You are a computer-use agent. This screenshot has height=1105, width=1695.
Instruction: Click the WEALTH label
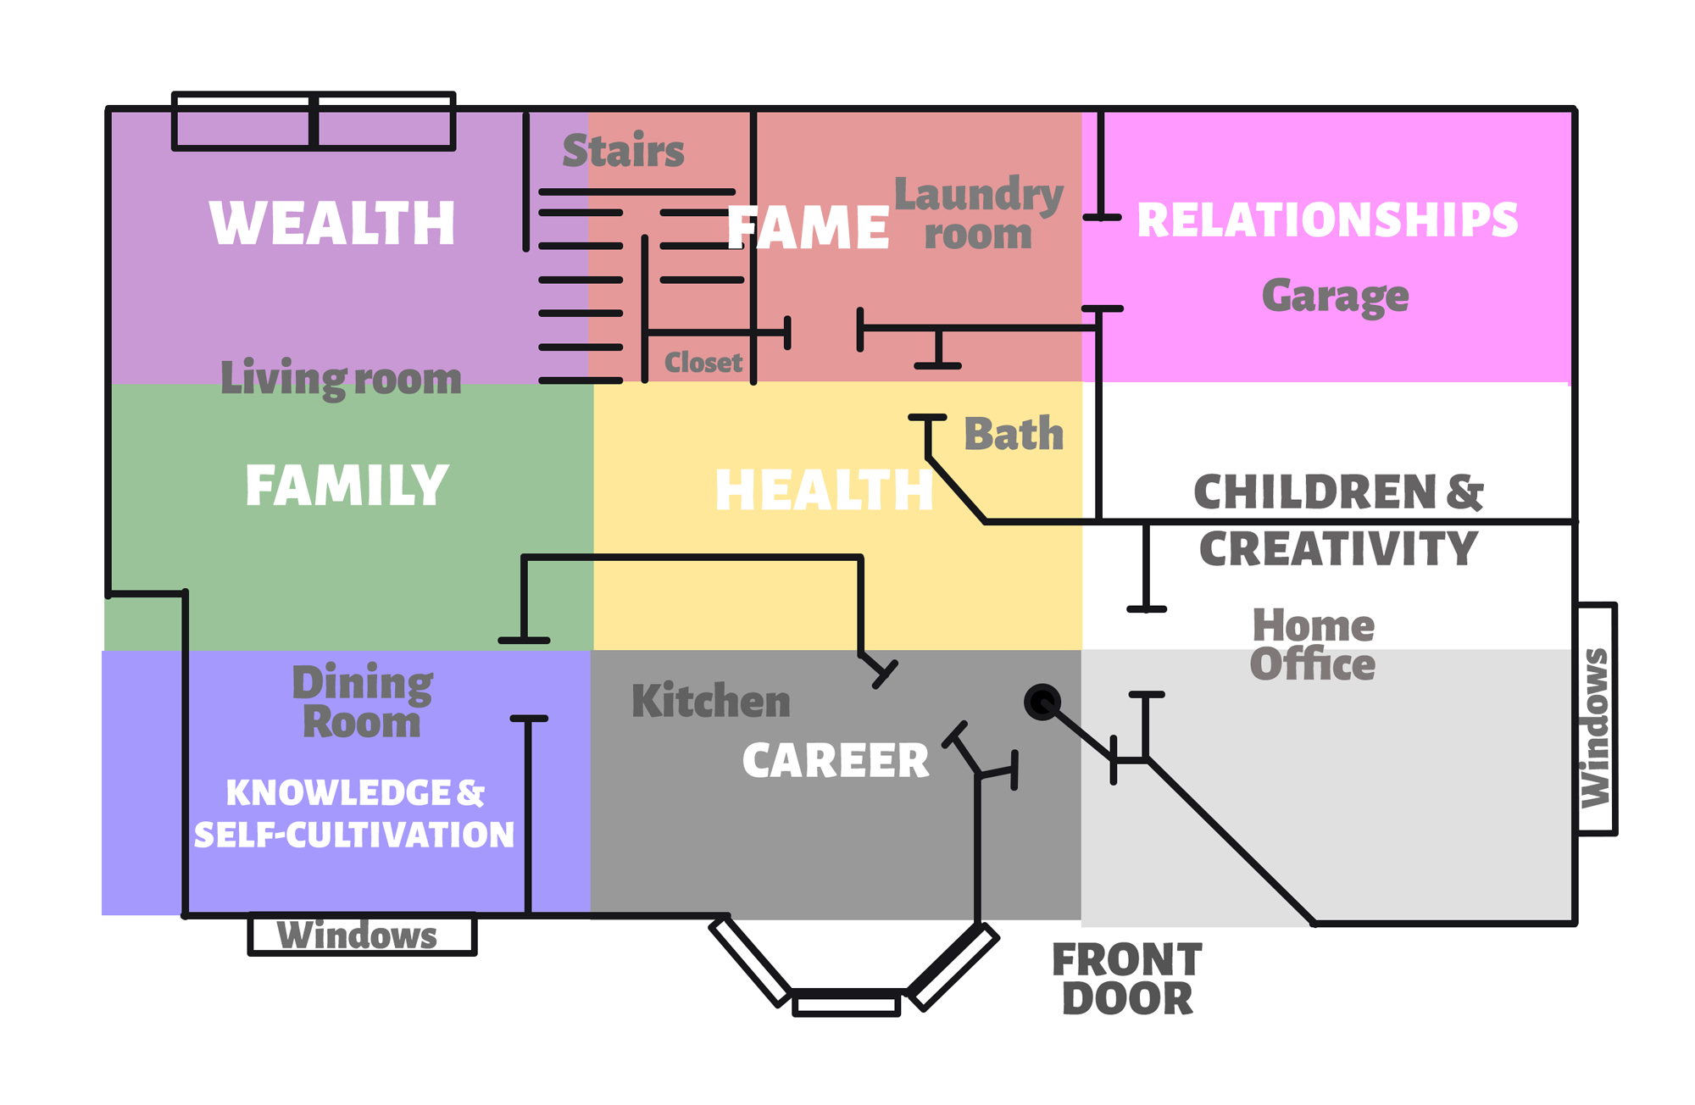click(x=332, y=224)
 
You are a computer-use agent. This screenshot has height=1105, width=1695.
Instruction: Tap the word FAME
click(x=808, y=228)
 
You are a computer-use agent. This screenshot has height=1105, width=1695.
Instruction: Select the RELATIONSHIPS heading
click(x=1327, y=220)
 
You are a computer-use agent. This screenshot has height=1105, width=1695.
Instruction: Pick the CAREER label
click(x=836, y=760)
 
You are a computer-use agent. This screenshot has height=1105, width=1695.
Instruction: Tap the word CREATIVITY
click(x=1339, y=548)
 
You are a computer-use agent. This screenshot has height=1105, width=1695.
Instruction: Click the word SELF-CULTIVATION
click(x=354, y=836)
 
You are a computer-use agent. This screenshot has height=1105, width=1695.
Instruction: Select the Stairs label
click(x=623, y=151)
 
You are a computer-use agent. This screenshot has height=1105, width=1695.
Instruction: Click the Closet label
click(x=703, y=363)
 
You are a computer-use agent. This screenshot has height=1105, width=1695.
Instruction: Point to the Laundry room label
click(x=979, y=214)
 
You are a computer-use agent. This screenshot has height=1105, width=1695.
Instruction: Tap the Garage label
click(x=1336, y=297)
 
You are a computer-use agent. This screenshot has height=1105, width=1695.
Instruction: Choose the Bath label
click(x=1014, y=434)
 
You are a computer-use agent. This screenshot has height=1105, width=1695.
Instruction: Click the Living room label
click(x=341, y=378)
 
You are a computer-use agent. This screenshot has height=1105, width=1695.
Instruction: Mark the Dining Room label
click(x=363, y=702)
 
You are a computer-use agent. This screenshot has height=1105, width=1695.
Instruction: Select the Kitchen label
click(x=711, y=701)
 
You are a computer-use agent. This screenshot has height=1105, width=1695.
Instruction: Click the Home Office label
click(x=1313, y=645)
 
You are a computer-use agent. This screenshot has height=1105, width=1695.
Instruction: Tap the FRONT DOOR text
click(x=1127, y=979)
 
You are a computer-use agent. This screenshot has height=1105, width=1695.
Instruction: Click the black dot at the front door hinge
click(x=1042, y=702)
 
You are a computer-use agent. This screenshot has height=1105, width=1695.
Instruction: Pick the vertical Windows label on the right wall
click(x=1596, y=728)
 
